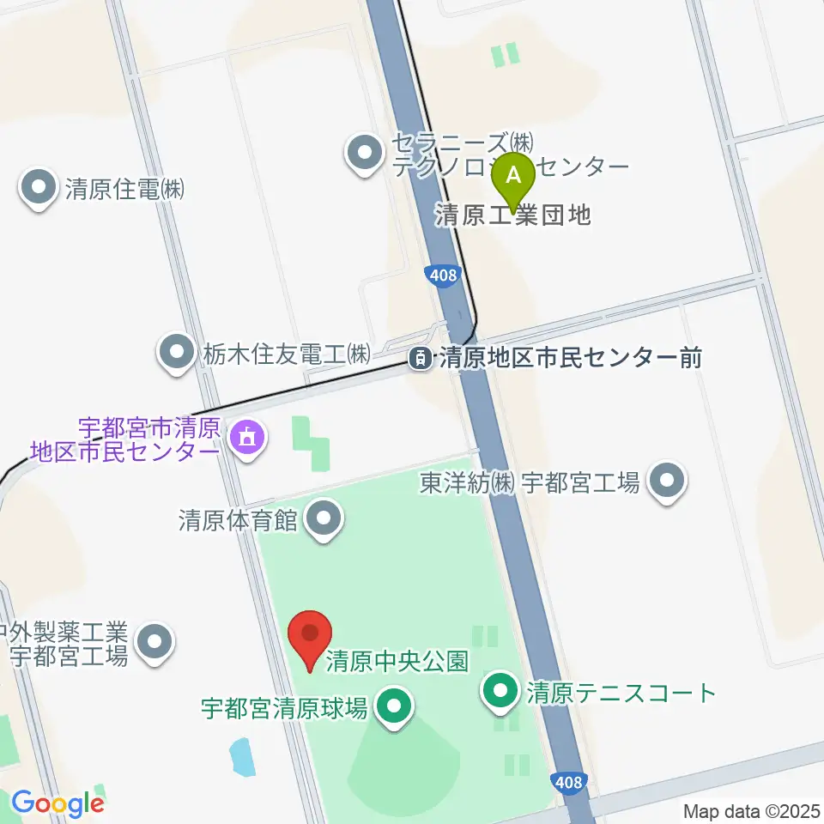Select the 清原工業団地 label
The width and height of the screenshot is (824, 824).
point(513,215)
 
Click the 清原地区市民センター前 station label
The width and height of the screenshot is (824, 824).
point(570,357)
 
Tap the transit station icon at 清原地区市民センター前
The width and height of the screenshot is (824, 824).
point(421,358)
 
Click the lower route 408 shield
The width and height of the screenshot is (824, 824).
point(567,782)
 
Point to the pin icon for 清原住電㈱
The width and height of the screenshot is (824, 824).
point(39,189)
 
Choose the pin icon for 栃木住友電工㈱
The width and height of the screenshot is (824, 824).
point(177,352)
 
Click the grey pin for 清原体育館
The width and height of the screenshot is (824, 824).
point(324,519)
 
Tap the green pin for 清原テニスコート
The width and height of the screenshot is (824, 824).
point(500,691)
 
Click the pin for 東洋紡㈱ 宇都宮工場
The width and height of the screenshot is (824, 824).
point(666,483)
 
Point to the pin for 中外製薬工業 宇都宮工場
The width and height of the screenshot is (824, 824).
point(154,642)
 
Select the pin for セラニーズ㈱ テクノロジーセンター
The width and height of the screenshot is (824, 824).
point(365,154)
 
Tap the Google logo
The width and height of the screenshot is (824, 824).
point(57,803)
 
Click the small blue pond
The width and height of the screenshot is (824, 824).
point(243,758)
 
